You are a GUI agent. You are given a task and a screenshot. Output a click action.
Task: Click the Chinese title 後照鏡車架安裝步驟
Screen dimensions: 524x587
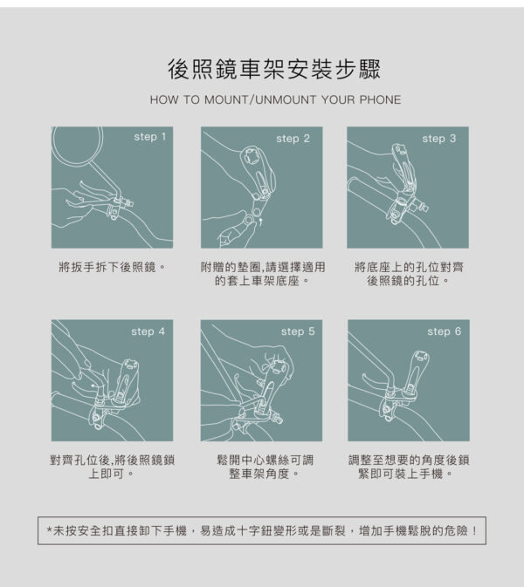click(x=274, y=69)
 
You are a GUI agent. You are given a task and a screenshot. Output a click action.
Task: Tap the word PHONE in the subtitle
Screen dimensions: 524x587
click(x=380, y=100)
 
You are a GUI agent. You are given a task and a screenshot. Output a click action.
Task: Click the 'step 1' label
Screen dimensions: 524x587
click(x=150, y=137)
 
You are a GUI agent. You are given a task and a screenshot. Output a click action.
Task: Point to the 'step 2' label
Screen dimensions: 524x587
click(x=293, y=139)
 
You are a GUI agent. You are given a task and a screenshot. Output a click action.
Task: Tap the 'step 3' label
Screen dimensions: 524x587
click(x=439, y=139)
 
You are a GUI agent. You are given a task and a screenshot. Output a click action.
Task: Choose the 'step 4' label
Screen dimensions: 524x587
click(x=148, y=331)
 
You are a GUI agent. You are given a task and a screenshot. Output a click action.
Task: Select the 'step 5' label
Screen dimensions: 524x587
click(x=298, y=331)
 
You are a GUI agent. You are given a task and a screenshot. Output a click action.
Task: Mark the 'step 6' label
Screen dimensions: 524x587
click(x=445, y=331)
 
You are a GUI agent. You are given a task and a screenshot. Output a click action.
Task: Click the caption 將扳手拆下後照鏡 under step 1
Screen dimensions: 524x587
click(x=112, y=267)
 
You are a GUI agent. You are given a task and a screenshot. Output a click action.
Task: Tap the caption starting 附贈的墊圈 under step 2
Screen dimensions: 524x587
click(x=262, y=274)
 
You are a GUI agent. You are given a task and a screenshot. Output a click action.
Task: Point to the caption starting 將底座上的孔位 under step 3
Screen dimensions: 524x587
click(x=409, y=274)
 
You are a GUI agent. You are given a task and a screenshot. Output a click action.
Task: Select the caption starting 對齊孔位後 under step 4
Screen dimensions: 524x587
click(x=112, y=467)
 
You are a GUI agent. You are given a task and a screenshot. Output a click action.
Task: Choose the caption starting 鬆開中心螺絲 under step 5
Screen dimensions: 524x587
click(x=265, y=467)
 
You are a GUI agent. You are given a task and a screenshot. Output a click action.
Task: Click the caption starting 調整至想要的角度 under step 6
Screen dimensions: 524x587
click(x=409, y=467)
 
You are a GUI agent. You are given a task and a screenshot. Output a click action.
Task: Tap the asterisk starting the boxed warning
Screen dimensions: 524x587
click(x=49, y=530)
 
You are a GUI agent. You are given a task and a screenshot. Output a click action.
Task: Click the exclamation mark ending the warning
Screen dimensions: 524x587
click(x=475, y=531)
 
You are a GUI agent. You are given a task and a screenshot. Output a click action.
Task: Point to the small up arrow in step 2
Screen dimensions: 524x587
click(x=261, y=222)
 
